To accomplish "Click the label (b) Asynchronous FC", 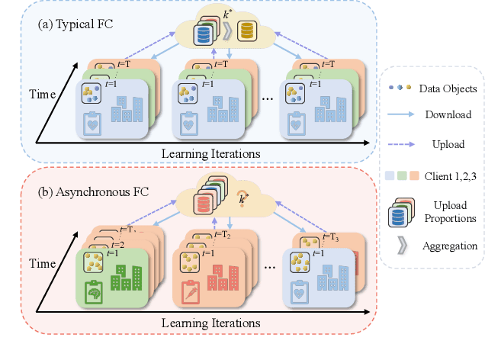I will (x=88, y=188).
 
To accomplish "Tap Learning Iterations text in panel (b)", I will (x=210, y=323).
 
